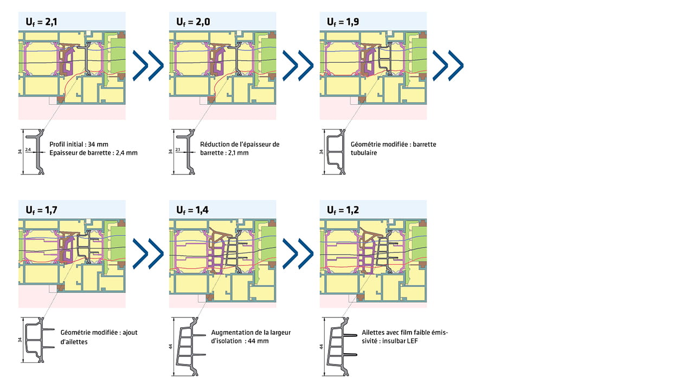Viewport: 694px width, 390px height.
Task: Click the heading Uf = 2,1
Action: (x=40, y=22)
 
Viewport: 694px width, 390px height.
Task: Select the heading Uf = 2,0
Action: (x=191, y=22)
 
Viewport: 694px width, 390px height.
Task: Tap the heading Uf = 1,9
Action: (x=342, y=22)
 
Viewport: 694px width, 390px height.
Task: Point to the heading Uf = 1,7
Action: (x=40, y=210)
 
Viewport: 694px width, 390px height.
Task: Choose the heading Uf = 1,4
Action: (x=191, y=210)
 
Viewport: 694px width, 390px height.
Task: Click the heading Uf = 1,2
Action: (x=342, y=210)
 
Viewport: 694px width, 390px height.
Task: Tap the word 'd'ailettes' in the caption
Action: (x=75, y=342)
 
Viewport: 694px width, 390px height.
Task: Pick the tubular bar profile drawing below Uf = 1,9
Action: (x=336, y=152)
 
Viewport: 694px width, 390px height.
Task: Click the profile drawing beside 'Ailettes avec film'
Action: (x=342, y=345)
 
